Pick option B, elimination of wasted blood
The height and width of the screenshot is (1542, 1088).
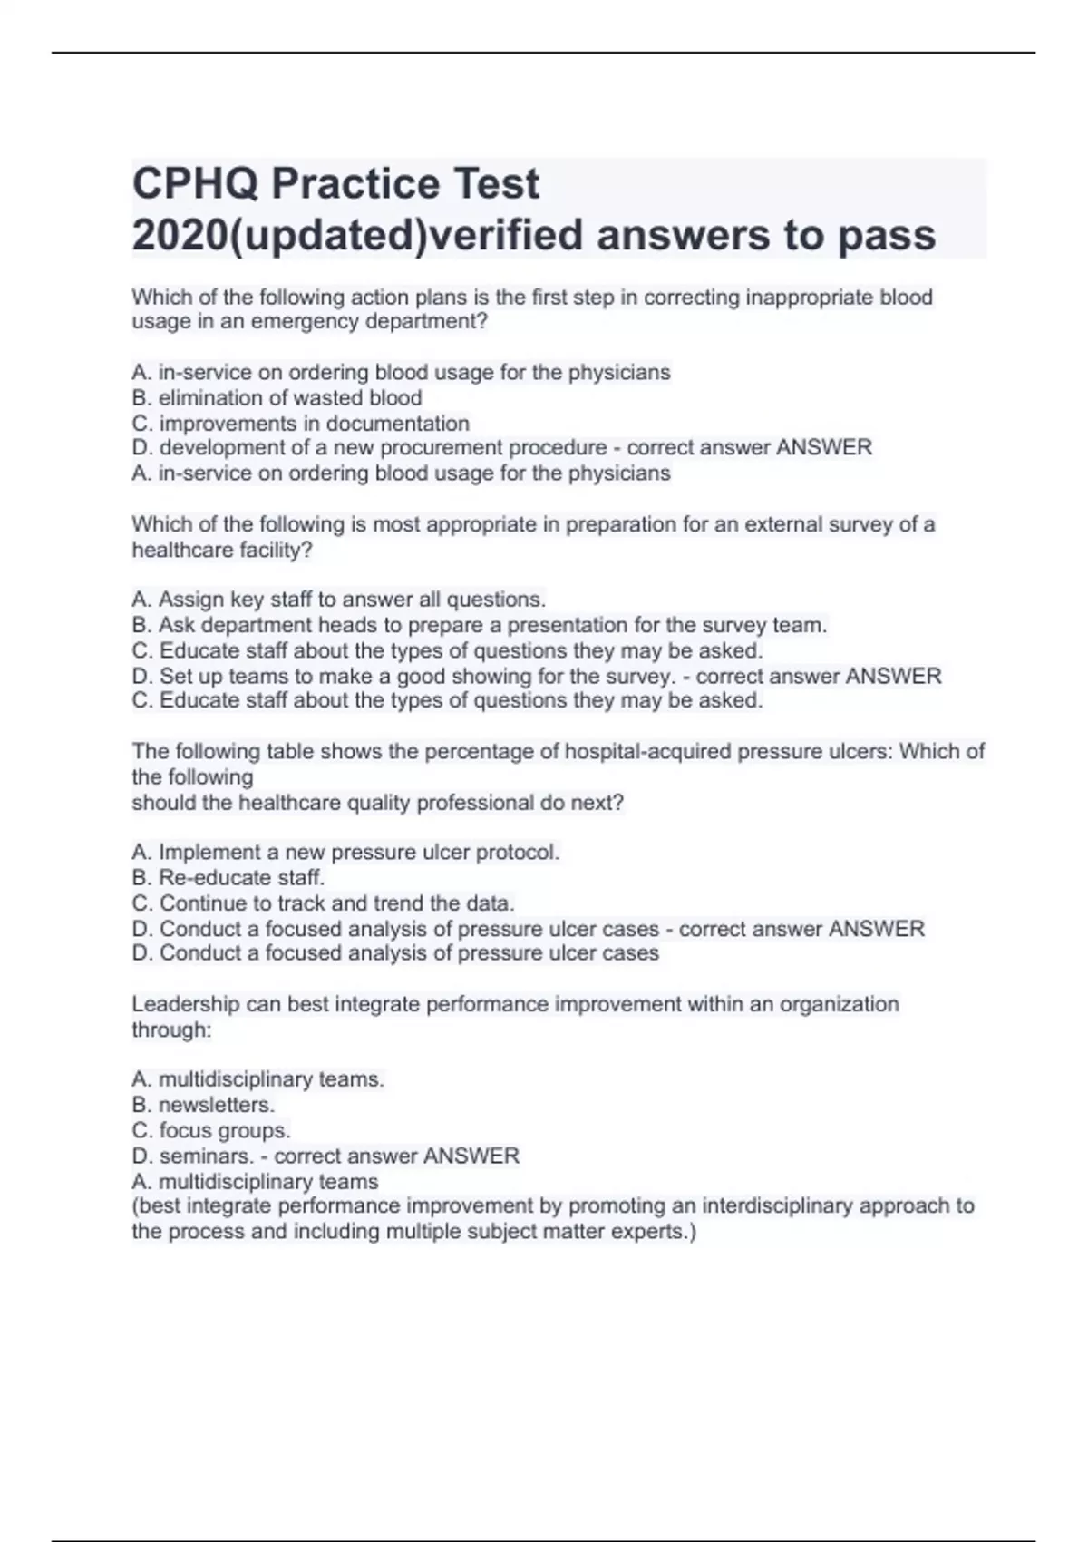pos(277,397)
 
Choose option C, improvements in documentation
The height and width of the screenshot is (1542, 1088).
pos(300,424)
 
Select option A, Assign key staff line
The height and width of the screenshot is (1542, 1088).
pos(338,600)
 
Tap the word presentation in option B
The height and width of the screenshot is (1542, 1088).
pos(568,625)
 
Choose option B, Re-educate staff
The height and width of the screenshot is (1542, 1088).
pos(228,877)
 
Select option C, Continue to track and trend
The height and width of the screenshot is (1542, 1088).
pos(323,903)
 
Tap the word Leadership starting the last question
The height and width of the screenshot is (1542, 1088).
pos(184,1004)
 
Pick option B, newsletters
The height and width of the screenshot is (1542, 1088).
pos(203,1105)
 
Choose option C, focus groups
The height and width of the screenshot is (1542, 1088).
pos(211,1130)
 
